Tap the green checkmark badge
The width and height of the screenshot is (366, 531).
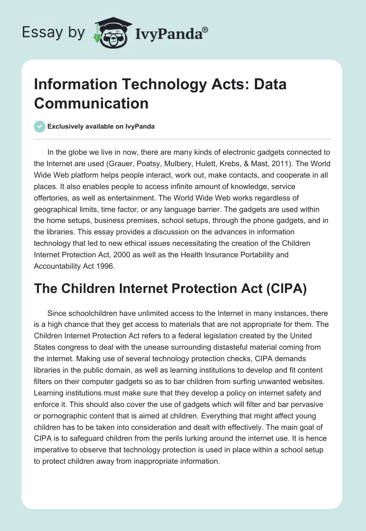click(39, 126)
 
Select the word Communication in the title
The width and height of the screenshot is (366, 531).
click(91, 103)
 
